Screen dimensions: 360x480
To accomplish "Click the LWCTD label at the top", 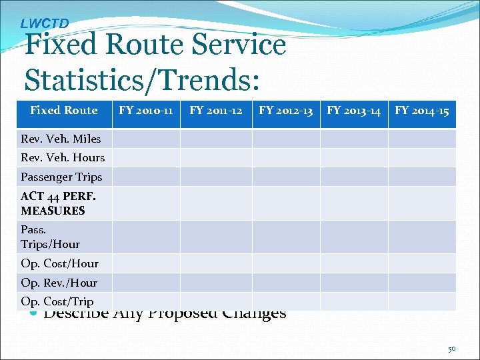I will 45,23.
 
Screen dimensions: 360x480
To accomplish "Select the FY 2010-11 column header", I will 145,111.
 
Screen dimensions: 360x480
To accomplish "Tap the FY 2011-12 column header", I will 215,111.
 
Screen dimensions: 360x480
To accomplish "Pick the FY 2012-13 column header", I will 285,111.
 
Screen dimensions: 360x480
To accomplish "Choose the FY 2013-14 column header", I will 354,111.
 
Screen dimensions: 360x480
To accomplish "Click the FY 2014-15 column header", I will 422,111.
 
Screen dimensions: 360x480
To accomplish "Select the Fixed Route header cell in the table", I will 63,111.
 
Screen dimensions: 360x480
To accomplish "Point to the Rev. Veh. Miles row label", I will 61,139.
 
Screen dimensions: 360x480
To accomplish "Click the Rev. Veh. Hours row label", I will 63,157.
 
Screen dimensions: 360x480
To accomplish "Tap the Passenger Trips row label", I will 61,177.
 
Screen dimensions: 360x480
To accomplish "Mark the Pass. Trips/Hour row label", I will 50,237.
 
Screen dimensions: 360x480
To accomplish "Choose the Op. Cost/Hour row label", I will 59,263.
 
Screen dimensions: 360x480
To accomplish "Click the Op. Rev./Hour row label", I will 59,283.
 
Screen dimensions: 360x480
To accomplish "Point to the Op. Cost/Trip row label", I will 57,301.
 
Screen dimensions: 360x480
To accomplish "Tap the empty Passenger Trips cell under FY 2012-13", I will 285,177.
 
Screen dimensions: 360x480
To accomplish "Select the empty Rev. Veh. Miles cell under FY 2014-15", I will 422,139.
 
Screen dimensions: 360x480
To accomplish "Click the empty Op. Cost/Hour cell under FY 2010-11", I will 145,263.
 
